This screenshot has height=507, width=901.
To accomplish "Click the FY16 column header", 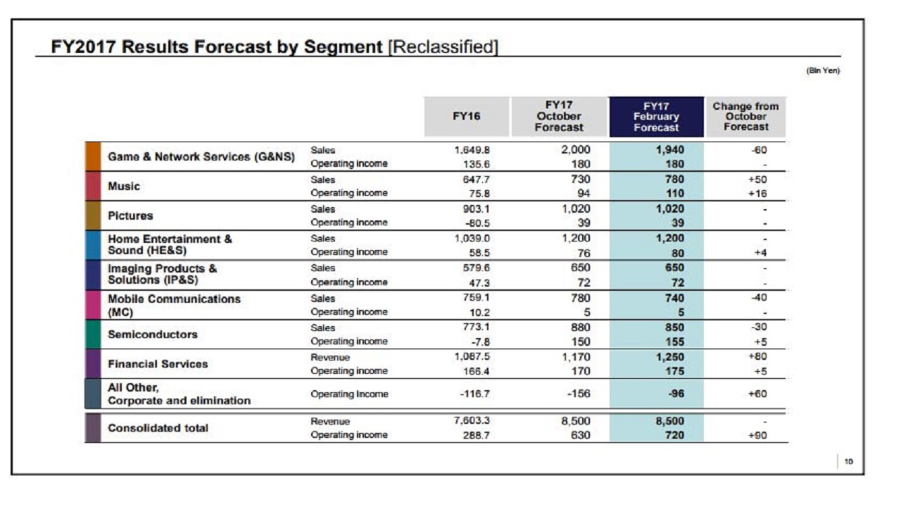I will [466, 117].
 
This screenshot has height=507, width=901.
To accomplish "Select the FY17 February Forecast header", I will [656, 117].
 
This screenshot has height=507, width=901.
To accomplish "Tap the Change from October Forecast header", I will [745, 117].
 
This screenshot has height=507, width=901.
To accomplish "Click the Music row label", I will [123, 187].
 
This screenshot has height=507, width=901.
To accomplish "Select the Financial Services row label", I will [157, 364].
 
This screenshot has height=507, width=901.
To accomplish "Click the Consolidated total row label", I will [158, 428].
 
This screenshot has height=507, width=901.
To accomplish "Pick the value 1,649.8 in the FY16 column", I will [472, 150].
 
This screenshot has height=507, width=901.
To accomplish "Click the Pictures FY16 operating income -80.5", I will [476, 223].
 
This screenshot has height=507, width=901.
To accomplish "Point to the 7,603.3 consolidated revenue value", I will [472, 421].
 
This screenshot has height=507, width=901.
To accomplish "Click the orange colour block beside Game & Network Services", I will [93, 156].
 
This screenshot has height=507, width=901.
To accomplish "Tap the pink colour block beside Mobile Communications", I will [93, 305].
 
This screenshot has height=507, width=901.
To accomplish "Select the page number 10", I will [849, 462].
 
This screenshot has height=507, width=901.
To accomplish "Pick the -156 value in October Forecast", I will [578, 394].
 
